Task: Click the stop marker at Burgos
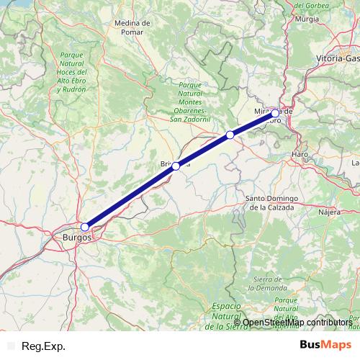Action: tap(85, 227)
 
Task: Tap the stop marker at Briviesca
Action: tap(176, 166)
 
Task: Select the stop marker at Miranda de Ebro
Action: tap(275, 113)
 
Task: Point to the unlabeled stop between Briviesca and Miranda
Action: tap(230, 135)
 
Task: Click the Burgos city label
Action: tap(77, 236)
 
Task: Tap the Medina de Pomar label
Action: tap(132, 27)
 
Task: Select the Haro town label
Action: tap(300, 155)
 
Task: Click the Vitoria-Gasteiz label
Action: tap(338, 57)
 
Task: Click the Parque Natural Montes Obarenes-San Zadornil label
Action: tap(190, 104)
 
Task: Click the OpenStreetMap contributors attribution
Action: tap(297, 322)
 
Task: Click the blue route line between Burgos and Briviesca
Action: tap(130, 197)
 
